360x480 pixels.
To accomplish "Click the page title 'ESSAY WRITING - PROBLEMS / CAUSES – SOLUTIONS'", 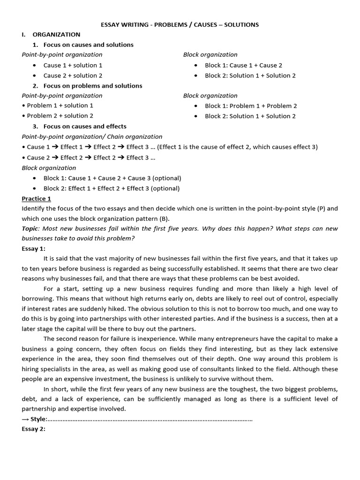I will click(x=180, y=24).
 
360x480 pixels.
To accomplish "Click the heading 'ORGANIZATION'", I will click(x=56, y=35).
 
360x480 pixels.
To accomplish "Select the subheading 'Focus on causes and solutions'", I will click(x=88, y=45).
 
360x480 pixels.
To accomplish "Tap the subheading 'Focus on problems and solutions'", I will click(x=93, y=86).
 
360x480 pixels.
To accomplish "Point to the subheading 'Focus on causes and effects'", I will click(x=85, y=127).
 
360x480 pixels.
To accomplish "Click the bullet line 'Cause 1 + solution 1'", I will click(x=73, y=65).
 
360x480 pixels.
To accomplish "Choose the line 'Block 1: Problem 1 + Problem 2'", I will click(x=251, y=106).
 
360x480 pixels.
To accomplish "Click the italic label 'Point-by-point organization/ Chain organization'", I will click(x=92, y=137).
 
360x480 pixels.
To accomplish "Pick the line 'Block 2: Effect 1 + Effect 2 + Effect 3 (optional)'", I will click(x=112, y=188).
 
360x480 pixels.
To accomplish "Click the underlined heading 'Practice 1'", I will click(x=37, y=199).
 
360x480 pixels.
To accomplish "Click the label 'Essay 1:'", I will click(x=34, y=249).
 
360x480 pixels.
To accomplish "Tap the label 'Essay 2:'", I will click(x=34, y=429).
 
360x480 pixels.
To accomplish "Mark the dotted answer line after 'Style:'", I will click(x=150, y=419).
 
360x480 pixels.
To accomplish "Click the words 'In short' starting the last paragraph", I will click(x=55, y=390).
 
